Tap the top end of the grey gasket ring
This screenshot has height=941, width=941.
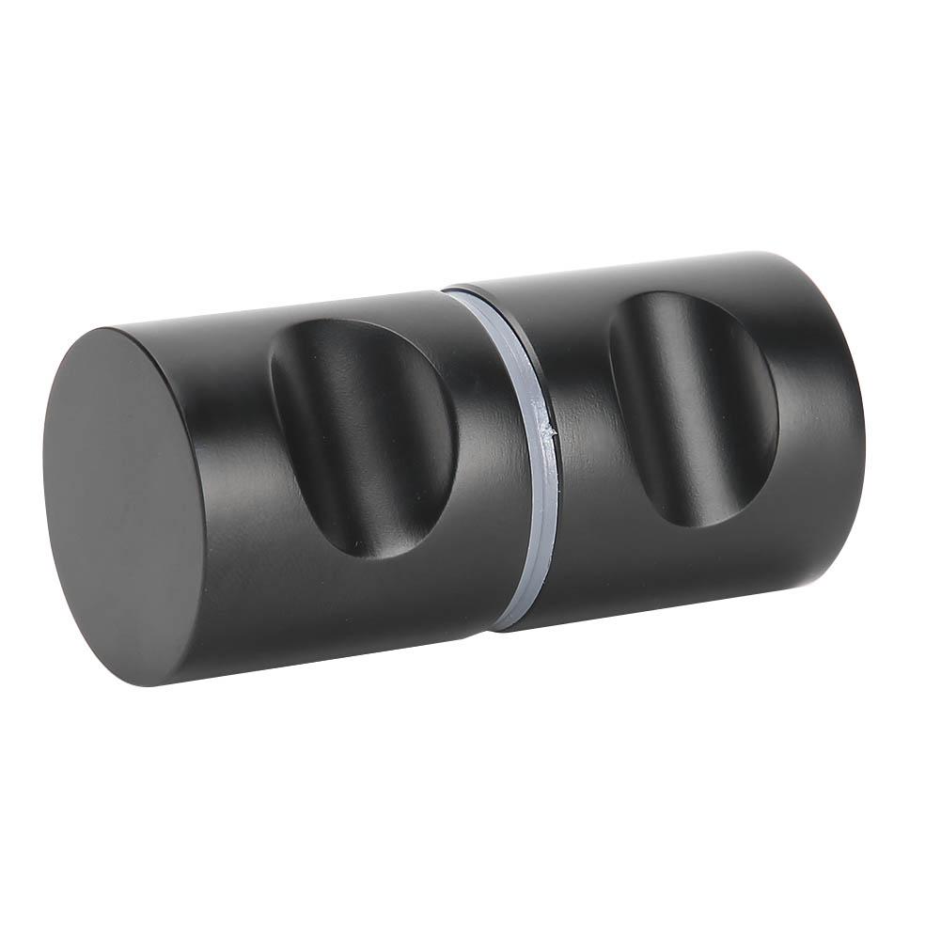(x=461, y=294)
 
